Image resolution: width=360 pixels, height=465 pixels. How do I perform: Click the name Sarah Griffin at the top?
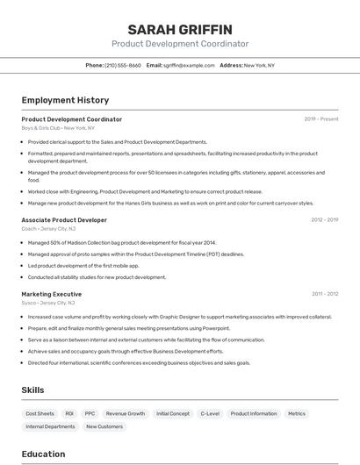click(179, 30)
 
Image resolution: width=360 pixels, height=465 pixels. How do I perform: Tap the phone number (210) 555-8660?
click(122, 65)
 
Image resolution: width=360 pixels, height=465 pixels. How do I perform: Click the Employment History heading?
click(65, 100)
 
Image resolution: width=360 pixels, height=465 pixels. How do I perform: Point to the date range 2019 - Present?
click(320, 119)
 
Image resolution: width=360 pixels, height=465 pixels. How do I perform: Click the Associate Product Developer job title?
click(64, 220)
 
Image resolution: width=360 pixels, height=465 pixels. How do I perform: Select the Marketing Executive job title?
click(52, 294)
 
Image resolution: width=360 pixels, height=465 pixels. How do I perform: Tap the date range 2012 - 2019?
click(323, 220)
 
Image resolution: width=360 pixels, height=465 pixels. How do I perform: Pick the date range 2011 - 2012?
click(323, 294)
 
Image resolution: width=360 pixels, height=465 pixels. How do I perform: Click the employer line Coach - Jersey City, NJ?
click(48, 229)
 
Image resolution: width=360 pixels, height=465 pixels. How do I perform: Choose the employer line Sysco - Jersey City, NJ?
click(48, 303)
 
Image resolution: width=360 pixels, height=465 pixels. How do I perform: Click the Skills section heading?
click(32, 390)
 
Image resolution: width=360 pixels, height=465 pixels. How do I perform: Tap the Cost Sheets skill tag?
click(40, 413)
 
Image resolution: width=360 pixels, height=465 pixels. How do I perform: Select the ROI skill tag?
click(69, 413)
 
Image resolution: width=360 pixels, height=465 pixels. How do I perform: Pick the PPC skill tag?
click(90, 413)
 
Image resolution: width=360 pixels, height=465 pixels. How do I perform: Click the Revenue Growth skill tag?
click(126, 413)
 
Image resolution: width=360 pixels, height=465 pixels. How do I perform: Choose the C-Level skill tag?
click(210, 413)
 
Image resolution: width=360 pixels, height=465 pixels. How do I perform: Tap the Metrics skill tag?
click(297, 413)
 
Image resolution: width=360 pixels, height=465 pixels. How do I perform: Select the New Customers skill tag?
click(104, 426)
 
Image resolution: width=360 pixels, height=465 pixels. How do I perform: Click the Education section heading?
click(43, 454)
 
